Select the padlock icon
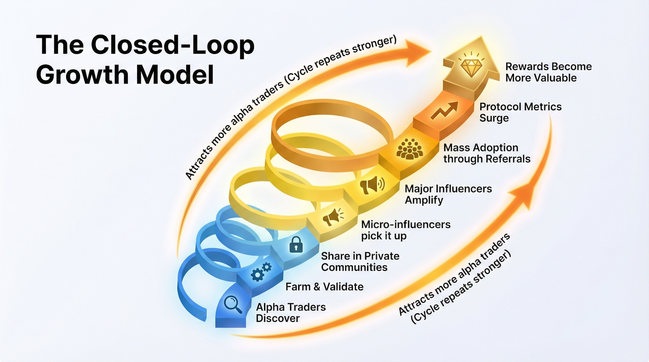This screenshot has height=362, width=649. pyautogui.click(x=296, y=244)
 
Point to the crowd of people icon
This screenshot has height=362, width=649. pyautogui.click(x=409, y=149)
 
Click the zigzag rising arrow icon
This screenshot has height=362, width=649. pyautogui.click(x=444, y=110)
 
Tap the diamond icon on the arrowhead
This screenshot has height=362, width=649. pyautogui.click(x=471, y=67)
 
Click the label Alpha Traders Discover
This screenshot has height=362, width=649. pyautogui.click(x=290, y=313)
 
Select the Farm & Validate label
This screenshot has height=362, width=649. pyautogui.click(x=324, y=287)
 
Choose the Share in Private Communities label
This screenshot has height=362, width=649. pyautogui.click(x=360, y=261)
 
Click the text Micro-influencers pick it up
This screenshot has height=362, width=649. pyautogui.click(x=405, y=230)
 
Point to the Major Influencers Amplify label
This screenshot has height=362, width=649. pyautogui.click(x=448, y=194)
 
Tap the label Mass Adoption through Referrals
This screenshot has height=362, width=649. pyautogui.click(x=486, y=153)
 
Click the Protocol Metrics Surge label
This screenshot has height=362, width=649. pyautogui.click(x=520, y=112)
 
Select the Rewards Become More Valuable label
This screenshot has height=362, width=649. pyautogui.click(x=548, y=72)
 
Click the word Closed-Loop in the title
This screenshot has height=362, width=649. pyautogui.click(x=172, y=45)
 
